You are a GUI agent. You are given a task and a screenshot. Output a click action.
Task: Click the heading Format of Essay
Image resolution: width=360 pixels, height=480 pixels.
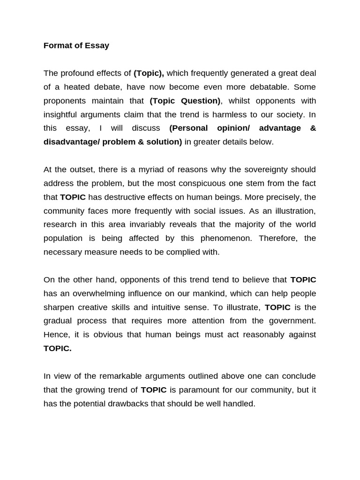tap(76, 45)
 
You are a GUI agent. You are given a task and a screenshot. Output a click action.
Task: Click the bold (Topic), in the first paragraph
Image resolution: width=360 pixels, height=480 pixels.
tap(149, 73)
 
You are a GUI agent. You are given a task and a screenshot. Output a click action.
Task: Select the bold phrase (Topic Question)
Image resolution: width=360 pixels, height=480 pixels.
tap(185, 101)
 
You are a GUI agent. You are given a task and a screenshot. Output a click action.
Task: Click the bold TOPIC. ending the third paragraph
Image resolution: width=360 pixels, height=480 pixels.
tap(58, 349)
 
